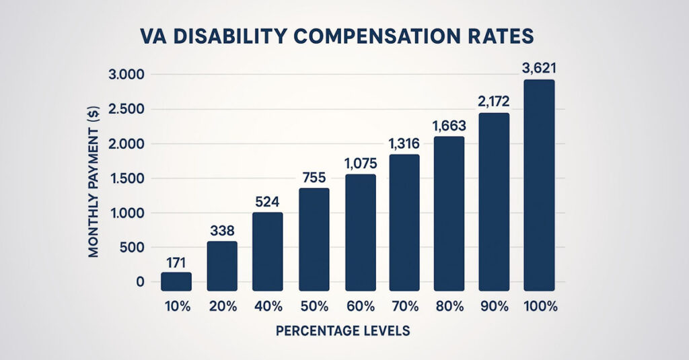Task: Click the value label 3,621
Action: tap(540, 67)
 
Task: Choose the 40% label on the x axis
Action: tap(268, 306)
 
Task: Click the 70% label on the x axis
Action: tap(404, 306)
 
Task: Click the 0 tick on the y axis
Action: tap(140, 282)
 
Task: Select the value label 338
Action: tap(222, 229)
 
